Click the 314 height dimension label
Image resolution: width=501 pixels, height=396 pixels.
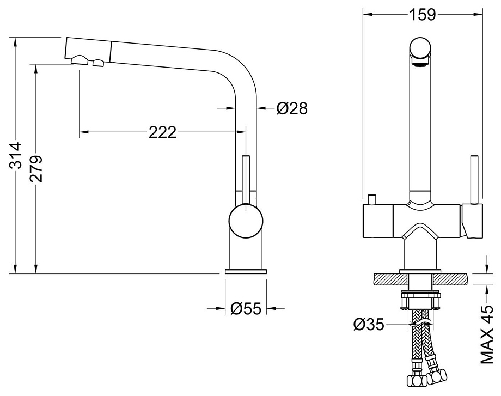click(16, 155)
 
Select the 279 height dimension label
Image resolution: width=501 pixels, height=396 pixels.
click(36, 168)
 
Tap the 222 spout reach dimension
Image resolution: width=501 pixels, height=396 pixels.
click(162, 132)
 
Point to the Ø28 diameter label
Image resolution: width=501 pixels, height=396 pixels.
click(292, 108)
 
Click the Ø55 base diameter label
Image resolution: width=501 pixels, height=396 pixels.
click(246, 308)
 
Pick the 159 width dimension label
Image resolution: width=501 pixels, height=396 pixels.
click(423, 14)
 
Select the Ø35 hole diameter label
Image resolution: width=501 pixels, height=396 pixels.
click(369, 325)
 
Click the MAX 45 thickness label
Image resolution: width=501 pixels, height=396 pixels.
click(487, 334)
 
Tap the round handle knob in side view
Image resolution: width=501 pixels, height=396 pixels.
click(246, 221)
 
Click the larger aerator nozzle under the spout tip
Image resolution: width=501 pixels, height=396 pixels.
click(80, 60)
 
